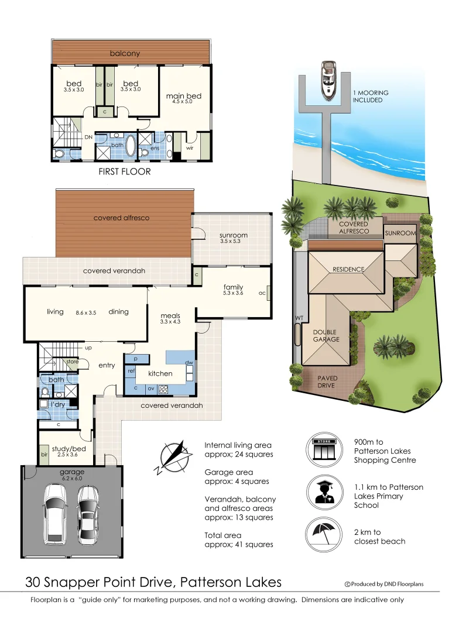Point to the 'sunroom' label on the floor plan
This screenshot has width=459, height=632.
pos(234,235)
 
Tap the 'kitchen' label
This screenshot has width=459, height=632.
pos(160,373)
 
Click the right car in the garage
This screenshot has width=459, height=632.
pos(88,510)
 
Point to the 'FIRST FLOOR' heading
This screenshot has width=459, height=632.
pos(124,171)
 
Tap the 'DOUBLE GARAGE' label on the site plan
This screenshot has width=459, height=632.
pos(325,335)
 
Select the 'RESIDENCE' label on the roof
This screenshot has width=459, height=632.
pos(348,269)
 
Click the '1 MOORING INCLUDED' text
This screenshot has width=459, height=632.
pos(370,97)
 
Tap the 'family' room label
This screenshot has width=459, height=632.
pos(233,287)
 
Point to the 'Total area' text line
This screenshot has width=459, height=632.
pos(223,535)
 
